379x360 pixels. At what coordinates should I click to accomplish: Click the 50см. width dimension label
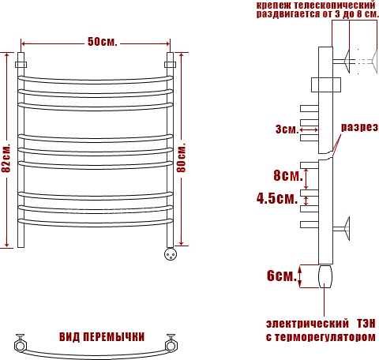click(103, 42)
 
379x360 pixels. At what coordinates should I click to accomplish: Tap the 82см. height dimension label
click(6, 158)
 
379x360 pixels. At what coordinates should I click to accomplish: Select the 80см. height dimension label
click(181, 158)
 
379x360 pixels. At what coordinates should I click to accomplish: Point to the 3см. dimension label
click(287, 129)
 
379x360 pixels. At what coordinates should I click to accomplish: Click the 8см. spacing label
click(288, 175)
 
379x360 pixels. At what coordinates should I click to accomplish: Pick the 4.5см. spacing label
click(277, 198)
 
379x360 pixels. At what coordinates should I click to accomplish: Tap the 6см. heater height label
click(281, 276)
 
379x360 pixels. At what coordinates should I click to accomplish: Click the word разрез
click(359, 128)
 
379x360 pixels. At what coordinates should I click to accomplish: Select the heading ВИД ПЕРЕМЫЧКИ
click(102, 337)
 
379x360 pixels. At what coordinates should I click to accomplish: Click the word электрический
click(307, 324)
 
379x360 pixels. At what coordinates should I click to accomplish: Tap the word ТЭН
click(366, 324)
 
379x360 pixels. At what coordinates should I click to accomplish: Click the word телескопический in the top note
click(335, 5)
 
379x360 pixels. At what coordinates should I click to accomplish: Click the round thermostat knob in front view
click(171, 254)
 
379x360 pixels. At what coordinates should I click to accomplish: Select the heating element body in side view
click(325, 276)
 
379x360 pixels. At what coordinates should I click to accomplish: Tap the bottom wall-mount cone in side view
click(347, 228)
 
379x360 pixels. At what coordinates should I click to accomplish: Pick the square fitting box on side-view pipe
click(326, 84)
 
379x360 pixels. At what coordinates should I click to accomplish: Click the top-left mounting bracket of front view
click(21, 65)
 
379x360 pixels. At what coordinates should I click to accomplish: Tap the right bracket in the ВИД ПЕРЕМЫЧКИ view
click(170, 343)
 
